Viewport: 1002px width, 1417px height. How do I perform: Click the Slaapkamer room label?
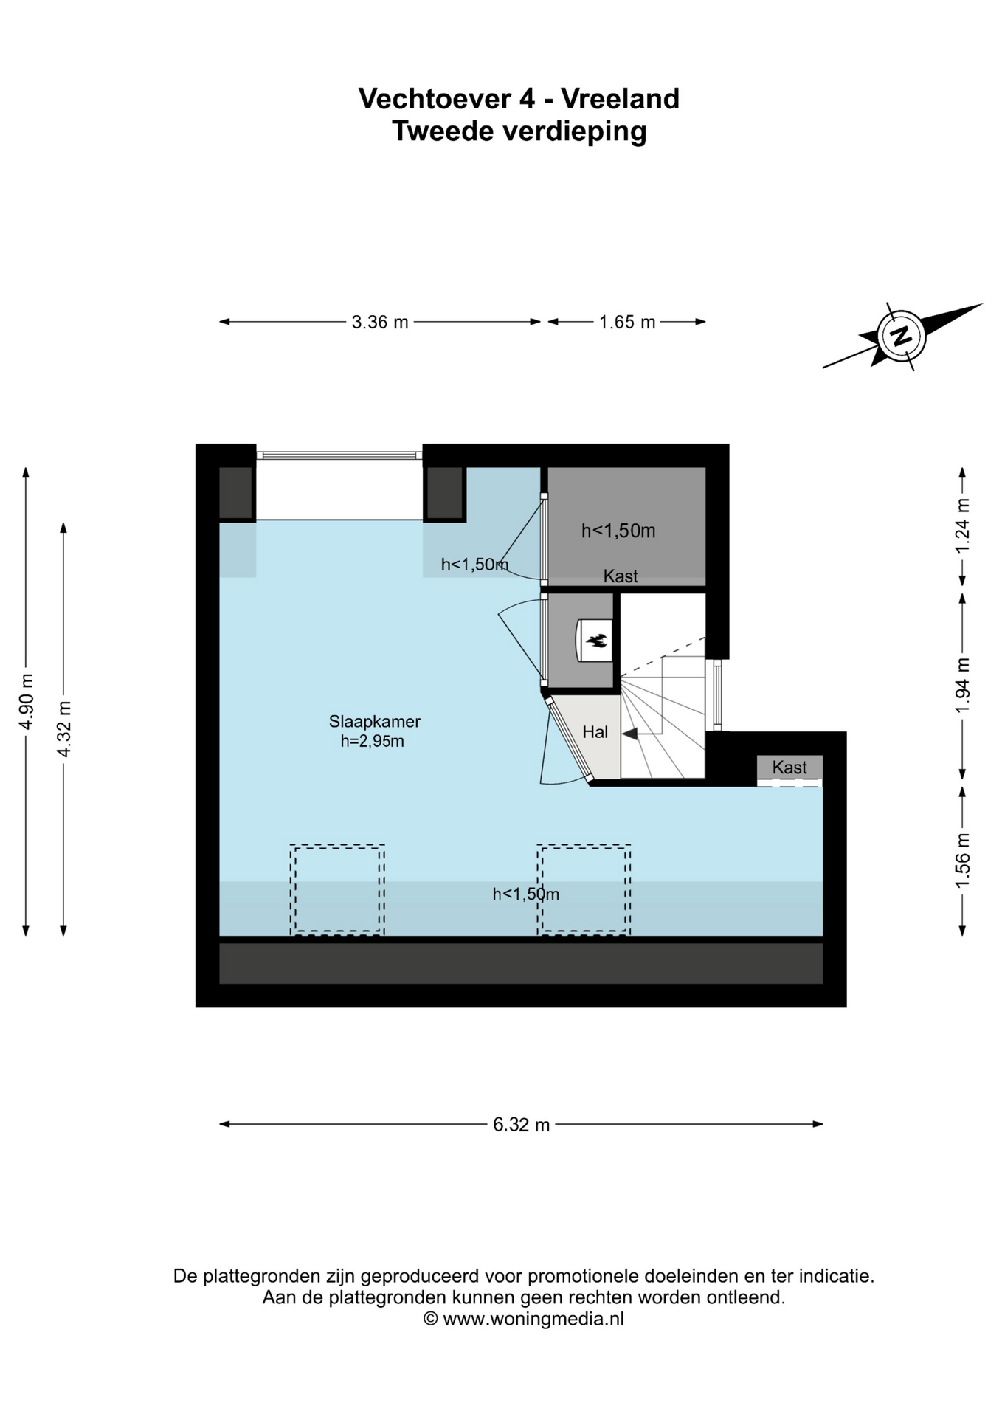[x=375, y=722]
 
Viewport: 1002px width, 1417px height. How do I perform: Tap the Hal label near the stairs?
[x=595, y=731]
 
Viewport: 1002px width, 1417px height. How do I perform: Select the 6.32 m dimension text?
[x=522, y=1125]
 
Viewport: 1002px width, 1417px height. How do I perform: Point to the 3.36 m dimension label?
[x=380, y=323]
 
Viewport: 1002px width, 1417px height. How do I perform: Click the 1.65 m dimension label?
[x=627, y=323]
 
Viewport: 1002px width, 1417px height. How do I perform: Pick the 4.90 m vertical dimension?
[x=27, y=701]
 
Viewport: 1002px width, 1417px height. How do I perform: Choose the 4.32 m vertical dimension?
[x=64, y=728]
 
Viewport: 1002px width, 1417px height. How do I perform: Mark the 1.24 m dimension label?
[x=962, y=525]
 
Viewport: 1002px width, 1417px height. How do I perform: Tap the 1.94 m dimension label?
[x=962, y=686]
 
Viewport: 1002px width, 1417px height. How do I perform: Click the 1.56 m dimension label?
[x=962, y=861]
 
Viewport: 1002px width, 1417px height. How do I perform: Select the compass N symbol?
[x=900, y=336]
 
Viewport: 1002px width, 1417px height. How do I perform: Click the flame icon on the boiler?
[x=596, y=641]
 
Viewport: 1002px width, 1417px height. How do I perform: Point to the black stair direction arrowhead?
[x=630, y=734]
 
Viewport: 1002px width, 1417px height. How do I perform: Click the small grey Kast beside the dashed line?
[x=789, y=768]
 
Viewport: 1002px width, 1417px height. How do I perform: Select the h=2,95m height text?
[x=373, y=742]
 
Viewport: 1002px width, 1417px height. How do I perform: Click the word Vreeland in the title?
[x=620, y=99]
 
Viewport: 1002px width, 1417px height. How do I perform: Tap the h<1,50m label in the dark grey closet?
[x=618, y=531]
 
